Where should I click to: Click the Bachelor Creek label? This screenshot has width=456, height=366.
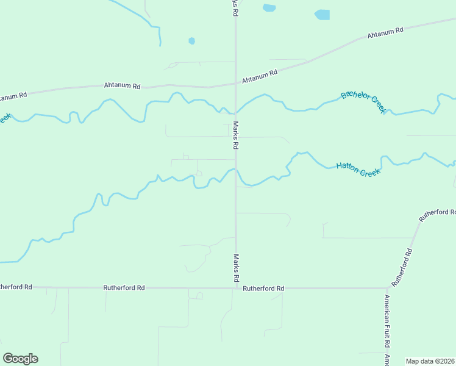(x=363, y=101)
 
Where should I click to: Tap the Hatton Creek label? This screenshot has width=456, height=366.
(x=358, y=169)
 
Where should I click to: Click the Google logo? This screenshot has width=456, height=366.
(x=20, y=359)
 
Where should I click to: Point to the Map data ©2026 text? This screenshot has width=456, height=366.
(x=430, y=361)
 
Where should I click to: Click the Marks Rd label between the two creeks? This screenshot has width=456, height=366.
(x=235, y=135)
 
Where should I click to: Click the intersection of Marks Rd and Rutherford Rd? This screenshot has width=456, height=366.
(x=236, y=287)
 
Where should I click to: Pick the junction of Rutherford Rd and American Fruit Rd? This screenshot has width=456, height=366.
(x=387, y=287)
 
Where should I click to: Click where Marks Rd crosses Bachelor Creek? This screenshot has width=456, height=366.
(x=236, y=112)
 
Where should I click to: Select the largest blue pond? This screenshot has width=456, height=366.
(x=322, y=15)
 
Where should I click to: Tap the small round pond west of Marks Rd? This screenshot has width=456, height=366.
(x=191, y=41)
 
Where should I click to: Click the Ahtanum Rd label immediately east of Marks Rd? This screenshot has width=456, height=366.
(x=259, y=76)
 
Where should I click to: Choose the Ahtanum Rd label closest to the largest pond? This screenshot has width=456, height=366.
(x=385, y=33)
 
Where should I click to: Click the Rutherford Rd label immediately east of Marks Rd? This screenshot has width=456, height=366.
(x=263, y=288)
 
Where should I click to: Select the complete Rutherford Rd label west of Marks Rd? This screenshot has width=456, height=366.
(x=124, y=287)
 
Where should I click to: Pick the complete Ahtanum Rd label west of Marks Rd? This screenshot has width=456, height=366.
(x=122, y=86)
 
